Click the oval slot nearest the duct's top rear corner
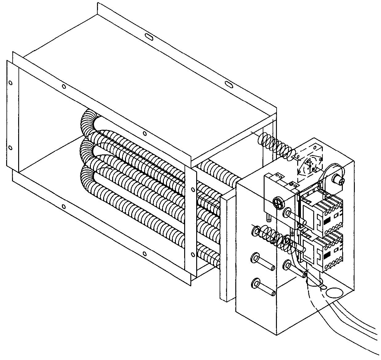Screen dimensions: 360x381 coord(149,37)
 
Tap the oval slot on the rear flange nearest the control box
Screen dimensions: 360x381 coord(229,84)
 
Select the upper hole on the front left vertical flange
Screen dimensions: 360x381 coord(11,83)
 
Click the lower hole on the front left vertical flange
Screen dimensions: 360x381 coord(10,148)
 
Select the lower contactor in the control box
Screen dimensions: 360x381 coord(322,251)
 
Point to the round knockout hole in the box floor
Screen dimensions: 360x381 coord(334,292)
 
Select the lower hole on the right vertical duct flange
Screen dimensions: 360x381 coord(192,255)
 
